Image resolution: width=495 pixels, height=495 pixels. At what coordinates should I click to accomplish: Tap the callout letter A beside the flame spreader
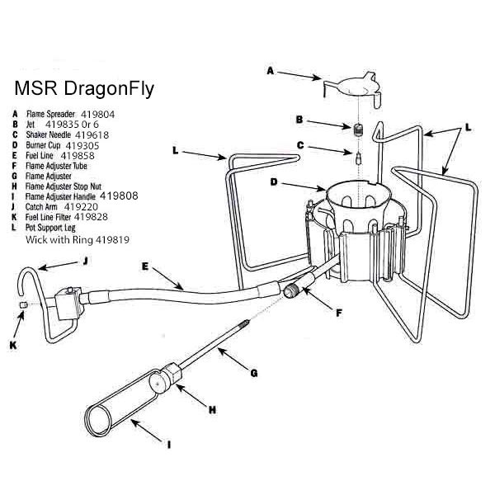[270, 71]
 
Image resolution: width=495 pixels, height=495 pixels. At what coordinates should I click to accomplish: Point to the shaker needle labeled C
[361, 158]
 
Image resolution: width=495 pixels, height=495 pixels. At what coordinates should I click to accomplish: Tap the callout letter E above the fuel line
[144, 266]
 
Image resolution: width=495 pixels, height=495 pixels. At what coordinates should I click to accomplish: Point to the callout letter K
[12, 345]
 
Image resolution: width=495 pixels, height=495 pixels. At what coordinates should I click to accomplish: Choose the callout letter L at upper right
[468, 129]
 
